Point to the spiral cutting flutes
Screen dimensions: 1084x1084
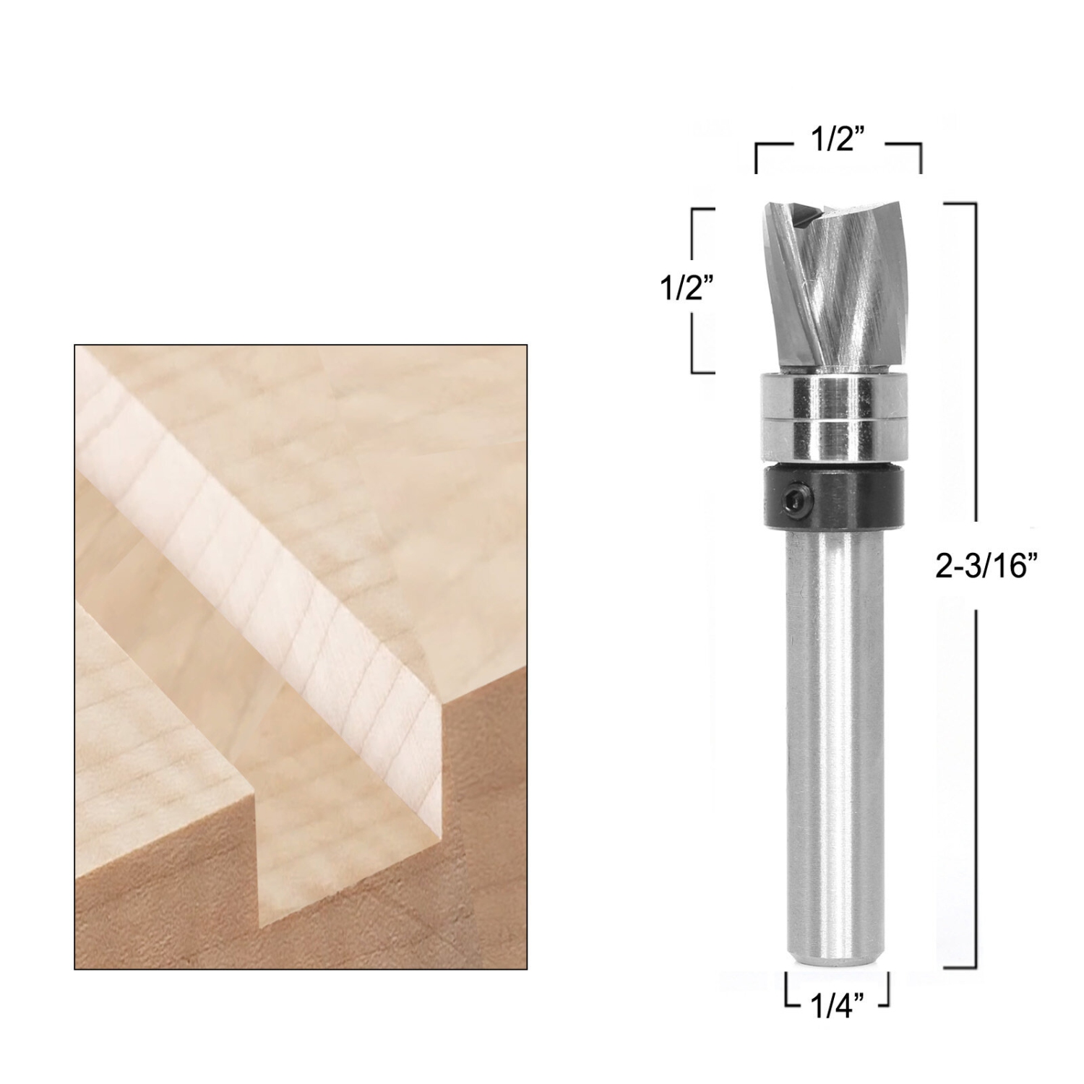[838, 289]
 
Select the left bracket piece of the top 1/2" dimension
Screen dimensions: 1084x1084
[767, 155]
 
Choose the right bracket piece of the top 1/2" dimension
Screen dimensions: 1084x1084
[908, 155]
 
